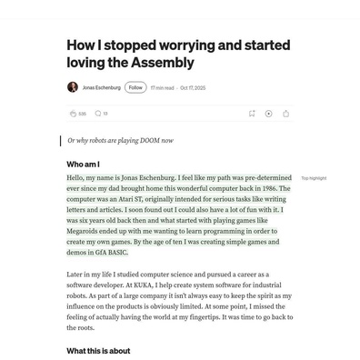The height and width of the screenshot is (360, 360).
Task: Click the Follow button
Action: (x=135, y=87)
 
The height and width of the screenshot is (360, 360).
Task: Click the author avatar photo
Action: (x=73, y=87)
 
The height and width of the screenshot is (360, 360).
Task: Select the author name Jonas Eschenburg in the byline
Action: (x=100, y=88)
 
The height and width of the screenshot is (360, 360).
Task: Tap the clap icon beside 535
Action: (x=73, y=114)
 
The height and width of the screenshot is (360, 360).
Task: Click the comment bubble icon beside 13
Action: (x=97, y=114)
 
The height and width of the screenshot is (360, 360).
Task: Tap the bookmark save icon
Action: (x=252, y=114)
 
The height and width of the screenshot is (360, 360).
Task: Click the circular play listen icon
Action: (x=268, y=114)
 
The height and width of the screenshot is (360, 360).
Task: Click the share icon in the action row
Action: (x=285, y=114)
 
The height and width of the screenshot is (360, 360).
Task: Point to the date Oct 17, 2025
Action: (x=193, y=88)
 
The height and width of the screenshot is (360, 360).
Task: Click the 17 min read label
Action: (x=163, y=88)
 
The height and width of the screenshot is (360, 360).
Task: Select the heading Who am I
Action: (x=83, y=164)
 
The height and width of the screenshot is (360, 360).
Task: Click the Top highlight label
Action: (x=314, y=178)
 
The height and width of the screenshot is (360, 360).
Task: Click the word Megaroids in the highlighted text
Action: (x=89, y=231)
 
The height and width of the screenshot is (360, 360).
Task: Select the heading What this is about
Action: (x=98, y=351)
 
